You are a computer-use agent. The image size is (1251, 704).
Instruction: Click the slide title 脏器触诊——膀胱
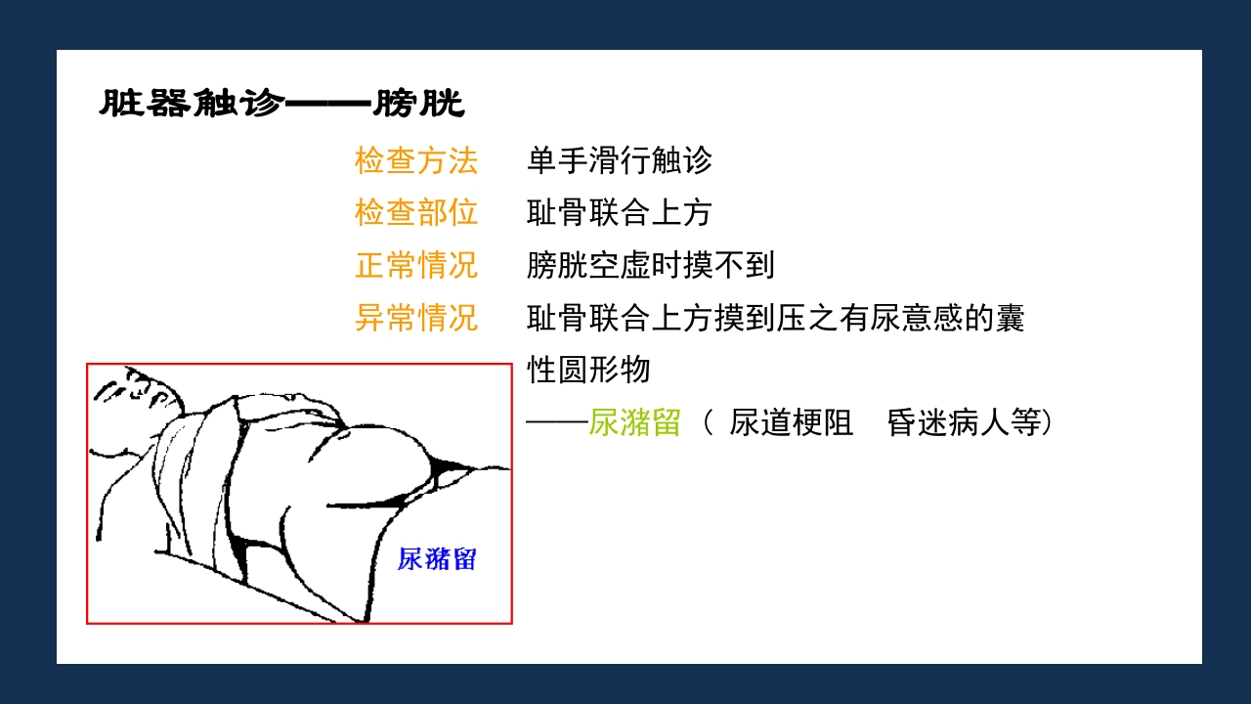coord(281,103)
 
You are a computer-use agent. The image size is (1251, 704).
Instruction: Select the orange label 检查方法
coord(415,160)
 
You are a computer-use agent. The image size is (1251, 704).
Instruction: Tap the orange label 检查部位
coord(415,212)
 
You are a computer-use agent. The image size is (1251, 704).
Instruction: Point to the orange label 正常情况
coord(415,265)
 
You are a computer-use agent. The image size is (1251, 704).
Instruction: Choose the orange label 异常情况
coord(415,318)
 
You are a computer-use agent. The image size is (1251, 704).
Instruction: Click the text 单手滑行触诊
coord(620,160)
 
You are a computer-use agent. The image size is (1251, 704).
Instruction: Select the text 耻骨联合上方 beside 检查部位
coord(620,212)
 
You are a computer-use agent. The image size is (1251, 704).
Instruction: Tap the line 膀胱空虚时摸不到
coord(651,265)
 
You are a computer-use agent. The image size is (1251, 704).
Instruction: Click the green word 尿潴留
coord(634,422)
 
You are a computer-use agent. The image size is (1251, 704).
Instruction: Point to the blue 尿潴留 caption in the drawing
coord(437,559)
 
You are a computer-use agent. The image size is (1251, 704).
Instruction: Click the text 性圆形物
coord(588,371)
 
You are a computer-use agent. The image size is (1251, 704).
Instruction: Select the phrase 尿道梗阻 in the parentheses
coord(791,422)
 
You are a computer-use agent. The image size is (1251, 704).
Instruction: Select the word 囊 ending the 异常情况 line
coord(1010,318)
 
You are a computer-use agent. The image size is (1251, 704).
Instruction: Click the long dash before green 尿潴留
coord(556,422)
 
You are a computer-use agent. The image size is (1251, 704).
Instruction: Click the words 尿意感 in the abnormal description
coord(916,318)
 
